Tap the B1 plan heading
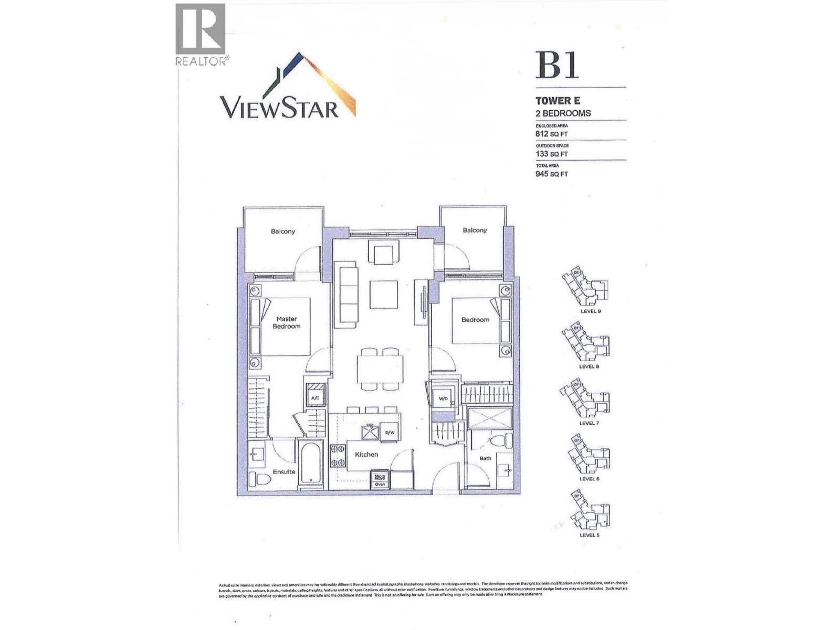tap(556, 65)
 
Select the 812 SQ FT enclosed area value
tap(552, 134)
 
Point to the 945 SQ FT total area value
tap(552, 174)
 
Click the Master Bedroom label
tap(287, 322)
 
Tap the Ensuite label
tap(283, 471)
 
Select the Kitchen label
tap(366, 454)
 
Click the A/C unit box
tap(315, 397)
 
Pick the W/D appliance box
tap(443, 398)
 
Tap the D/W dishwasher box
tap(390, 432)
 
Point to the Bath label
tap(485, 458)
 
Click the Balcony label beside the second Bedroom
tap(475, 230)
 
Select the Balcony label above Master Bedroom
tap(283, 231)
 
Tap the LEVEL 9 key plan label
tap(591, 311)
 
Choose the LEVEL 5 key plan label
tap(589, 535)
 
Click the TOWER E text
tap(558, 101)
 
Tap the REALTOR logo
tap(201, 35)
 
